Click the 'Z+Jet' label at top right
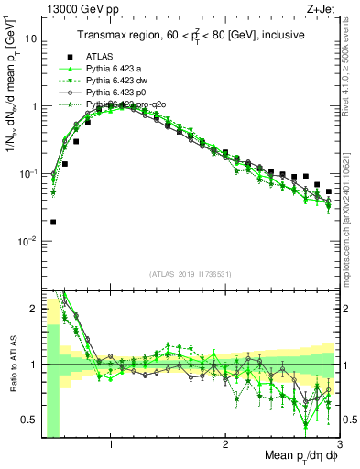323,8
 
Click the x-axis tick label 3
339,444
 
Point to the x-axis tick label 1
111,444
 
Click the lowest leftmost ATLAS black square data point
53,222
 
